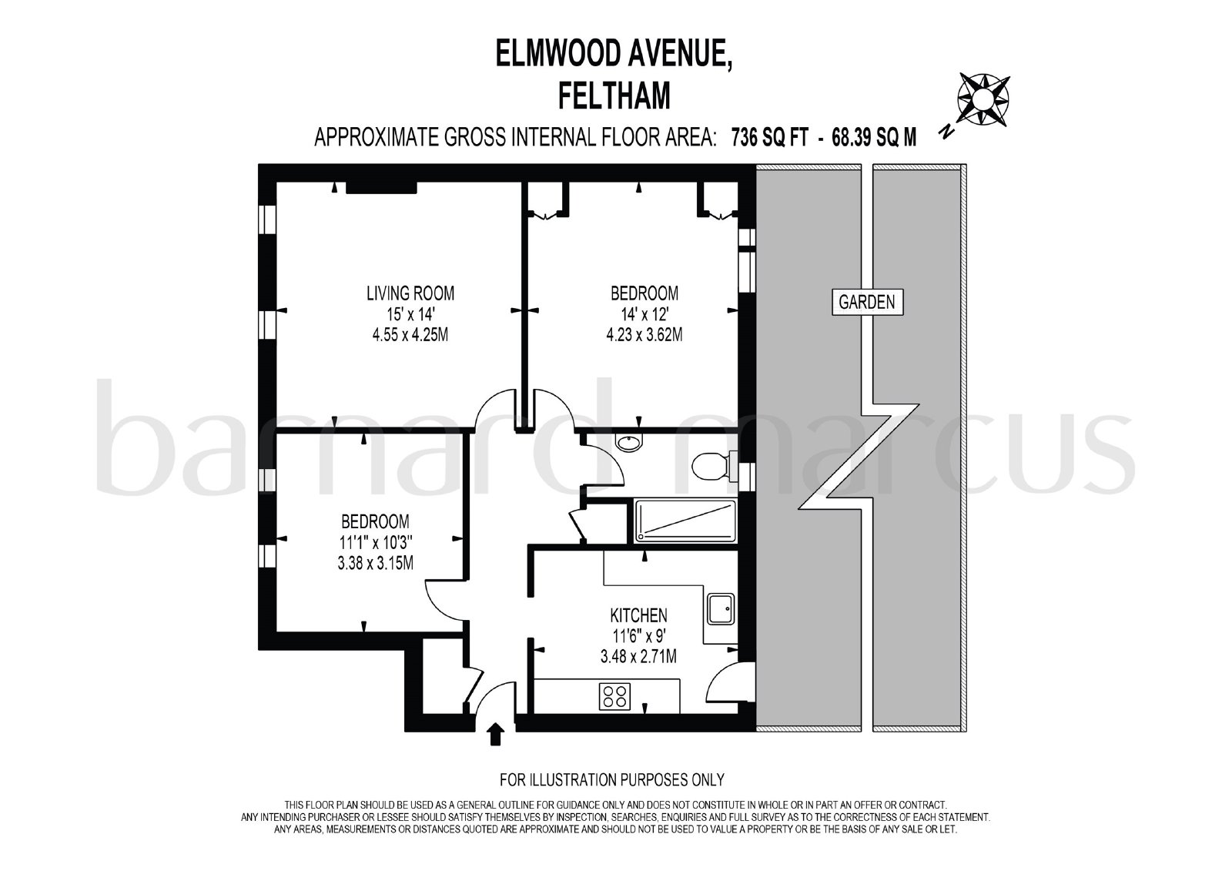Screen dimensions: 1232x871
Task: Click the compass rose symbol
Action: pyautogui.click(x=983, y=99)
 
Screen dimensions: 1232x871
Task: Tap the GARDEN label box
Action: pyautogui.click(x=867, y=302)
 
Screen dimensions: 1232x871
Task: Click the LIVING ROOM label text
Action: pyautogui.click(x=410, y=293)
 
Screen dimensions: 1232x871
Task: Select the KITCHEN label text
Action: pyautogui.click(x=638, y=615)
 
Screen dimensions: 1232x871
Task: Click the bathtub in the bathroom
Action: pyautogui.click(x=685, y=521)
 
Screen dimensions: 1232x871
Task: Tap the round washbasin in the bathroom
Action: pyautogui.click(x=628, y=443)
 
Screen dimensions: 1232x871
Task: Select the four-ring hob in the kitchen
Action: pyautogui.click(x=615, y=697)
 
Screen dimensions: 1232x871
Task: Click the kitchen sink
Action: pyautogui.click(x=721, y=608)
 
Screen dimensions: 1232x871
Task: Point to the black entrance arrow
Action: pyautogui.click(x=496, y=735)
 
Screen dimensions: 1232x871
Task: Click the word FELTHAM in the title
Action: pyautogui.click(x=614, y=96)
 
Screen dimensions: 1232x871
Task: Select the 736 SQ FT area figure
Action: pyautogui.click(x=769, y=137)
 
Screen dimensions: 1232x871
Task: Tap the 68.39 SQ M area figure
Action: pyautogui.click(x=874, y=137)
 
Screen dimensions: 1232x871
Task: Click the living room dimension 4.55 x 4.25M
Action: pyautogui.click(x=410, y=334)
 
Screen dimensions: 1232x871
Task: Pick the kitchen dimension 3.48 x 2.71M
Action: pyautogui.click(x=638, y=656)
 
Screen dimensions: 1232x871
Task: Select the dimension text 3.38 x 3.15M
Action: pyautogui.click(x=376, y=563)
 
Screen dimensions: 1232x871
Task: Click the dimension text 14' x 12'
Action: pyautogui.click(x=644, y=314)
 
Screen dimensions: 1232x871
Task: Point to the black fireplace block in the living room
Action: pyautogui.click(x=381, y=188)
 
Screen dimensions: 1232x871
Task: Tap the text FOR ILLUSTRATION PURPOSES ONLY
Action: pyautogui.click(x=612, y=779)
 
